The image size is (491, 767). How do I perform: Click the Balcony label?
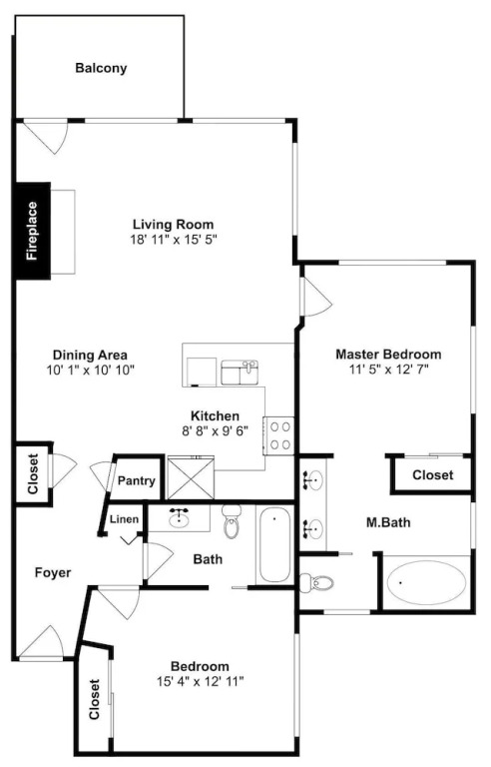click(101, 68)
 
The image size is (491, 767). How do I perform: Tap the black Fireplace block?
click(33, 231)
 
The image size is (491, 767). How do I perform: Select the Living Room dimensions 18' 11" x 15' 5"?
click(173, 240)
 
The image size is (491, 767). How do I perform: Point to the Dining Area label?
click(90, 355)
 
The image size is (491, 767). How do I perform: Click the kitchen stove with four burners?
click(278, 435)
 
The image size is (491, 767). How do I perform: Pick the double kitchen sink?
click(240, 373)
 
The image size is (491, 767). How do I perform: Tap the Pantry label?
click(136, 480)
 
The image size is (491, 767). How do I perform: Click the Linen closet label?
click(124, 519)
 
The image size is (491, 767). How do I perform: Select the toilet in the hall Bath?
click(232, 521)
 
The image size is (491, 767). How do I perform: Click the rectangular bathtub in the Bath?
click(274, 545)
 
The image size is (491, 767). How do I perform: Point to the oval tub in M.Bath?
click(425, 582)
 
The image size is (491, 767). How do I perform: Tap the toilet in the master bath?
click(316, 582)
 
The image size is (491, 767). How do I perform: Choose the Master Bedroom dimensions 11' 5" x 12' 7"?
click(389, 370)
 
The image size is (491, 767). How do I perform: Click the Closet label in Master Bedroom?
click(433, 475)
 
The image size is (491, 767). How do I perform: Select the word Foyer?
click(53, 572)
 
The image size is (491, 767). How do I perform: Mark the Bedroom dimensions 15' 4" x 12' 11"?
click(200, 681)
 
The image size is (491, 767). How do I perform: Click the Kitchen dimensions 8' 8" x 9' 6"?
click(216, 430)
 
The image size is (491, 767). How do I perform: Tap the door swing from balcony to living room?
click(46, 137)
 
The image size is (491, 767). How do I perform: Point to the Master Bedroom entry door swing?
click(317, 297)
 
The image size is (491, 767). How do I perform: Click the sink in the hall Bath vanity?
click(179, 517)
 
